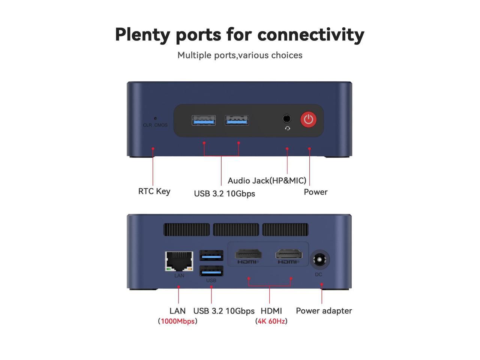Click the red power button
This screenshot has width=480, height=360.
click(x=308, y=119)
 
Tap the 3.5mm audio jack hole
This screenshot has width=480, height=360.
click(x=286, y=118)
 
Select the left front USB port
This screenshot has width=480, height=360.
click(x=204, y=120)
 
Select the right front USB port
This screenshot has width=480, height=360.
click(x=237, y=120)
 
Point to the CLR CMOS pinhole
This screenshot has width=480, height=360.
click(x=155, y=118)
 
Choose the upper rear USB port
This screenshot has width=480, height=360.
click(x=211, y=256)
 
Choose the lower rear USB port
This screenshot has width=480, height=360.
click(x=211, y=271)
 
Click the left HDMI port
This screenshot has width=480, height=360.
click(x=248, y=254)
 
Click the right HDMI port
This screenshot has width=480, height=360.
click(x=289, y=254)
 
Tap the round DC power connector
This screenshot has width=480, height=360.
click(x=319, y=260)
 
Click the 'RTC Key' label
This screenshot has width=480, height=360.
click(x=154, y=191)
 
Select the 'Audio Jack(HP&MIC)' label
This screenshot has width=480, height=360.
click(x=267, y=181)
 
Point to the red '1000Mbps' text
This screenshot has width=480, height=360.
click(x=177, y=321)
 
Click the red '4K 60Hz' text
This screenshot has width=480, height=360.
click(x=271, y=321)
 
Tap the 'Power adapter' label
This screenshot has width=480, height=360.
click(x=324, y=311)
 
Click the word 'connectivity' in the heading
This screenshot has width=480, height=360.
click(x=310, y=34)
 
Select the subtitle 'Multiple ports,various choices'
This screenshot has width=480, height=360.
click(x=240, y=55)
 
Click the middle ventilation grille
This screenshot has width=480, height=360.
click(x=235, y=229)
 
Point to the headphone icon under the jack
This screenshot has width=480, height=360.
click(x=287, y=128)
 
